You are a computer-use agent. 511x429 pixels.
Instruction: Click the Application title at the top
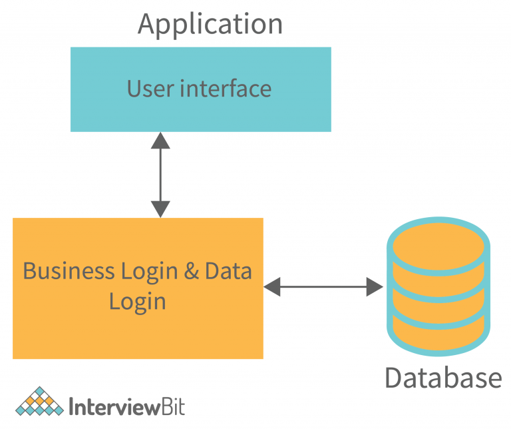click(210, 24)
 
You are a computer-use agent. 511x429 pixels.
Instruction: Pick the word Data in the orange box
click(228, 271)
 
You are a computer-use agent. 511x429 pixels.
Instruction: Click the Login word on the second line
click(137, 301)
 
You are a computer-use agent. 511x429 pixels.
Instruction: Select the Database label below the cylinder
click(443, 378)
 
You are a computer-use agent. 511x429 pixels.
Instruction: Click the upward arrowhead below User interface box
click(160, 140)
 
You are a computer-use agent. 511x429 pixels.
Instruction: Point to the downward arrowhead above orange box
click(160, 209)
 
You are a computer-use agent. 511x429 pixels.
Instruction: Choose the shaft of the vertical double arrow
click(160, 175)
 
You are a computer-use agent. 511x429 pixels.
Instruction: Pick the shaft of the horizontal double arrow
click(323, 287)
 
